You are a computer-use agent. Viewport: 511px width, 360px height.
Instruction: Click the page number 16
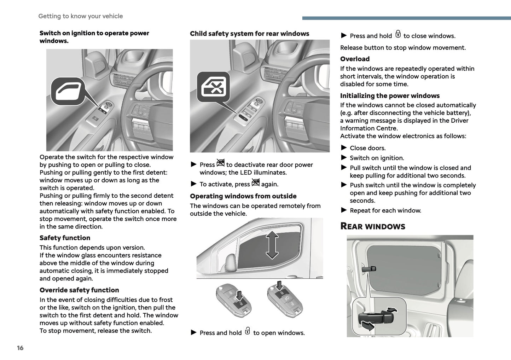tap(20, 348)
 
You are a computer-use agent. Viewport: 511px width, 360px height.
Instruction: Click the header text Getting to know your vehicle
tap(81, 16)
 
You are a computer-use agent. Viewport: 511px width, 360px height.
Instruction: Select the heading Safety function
tap(65, 238)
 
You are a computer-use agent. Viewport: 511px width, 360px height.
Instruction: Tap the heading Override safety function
tap(79, 290)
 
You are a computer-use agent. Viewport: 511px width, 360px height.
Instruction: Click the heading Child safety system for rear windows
tap(249, 34)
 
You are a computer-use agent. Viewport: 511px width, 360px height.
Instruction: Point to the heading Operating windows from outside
tap(243, 196)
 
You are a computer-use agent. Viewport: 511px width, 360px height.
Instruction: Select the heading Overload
tap(355, 59)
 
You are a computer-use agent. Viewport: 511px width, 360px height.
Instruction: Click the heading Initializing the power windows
tap(390, 96)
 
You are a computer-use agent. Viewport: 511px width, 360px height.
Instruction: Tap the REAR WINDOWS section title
tap(372, 226)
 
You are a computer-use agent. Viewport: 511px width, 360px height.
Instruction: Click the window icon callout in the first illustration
tap(68, 91)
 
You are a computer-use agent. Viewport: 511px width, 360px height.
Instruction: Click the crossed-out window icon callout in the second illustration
tap(213, 87)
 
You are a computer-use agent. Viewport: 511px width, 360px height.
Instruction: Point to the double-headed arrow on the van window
tap(272, 245)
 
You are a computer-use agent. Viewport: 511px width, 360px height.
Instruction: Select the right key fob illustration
tap(285, 299)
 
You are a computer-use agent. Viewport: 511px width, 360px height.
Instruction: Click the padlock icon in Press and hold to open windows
tap(248, 331)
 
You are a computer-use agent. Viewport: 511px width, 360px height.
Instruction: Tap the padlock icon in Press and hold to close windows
tap(398, 34)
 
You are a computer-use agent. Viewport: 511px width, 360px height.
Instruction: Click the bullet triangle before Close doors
tap(344, 148)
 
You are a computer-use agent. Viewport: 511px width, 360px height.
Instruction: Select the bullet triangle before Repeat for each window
tap(344, 210)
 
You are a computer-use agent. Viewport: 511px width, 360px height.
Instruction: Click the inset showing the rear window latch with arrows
tap(379, 316)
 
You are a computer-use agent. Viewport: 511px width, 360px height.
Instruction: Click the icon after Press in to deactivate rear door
tap(220, 163)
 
